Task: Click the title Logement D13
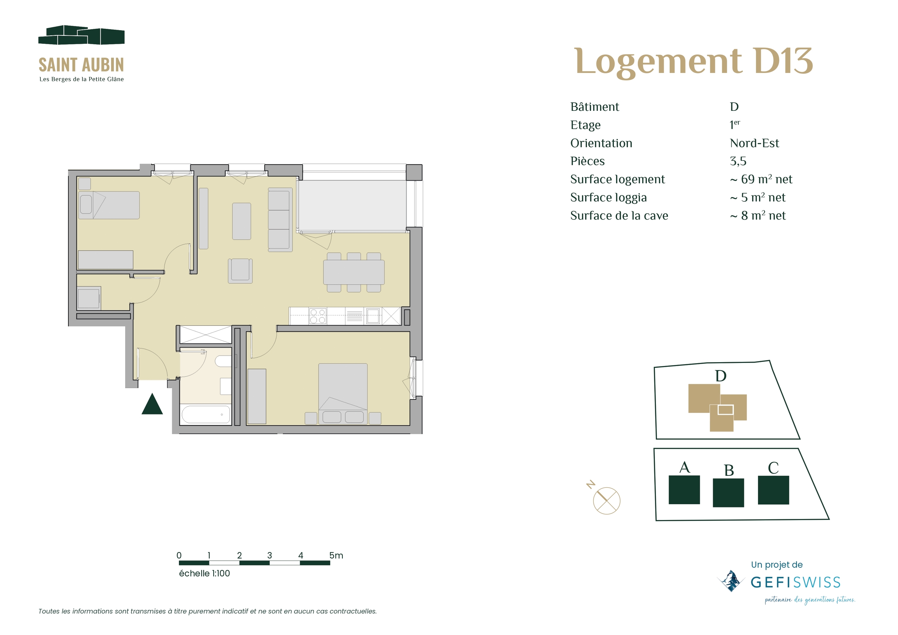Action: [693, 61]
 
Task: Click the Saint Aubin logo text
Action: [81, 65]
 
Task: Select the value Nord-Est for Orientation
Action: [754, 143]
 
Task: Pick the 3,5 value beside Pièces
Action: [738, 161]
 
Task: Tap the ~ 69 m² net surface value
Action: [760, 180]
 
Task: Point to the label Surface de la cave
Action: [619, 215]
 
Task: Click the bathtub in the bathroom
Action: [205, 414]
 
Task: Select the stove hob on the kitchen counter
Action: [317, 316]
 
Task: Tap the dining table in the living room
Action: [354, 272]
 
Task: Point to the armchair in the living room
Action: [240, 271]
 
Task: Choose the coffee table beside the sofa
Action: [241, 221]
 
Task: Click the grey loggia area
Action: [352, 205]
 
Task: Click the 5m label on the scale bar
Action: [336, 555]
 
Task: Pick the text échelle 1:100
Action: [204, 573]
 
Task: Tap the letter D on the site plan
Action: [721, 376]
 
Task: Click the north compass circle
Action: [606, 500]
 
